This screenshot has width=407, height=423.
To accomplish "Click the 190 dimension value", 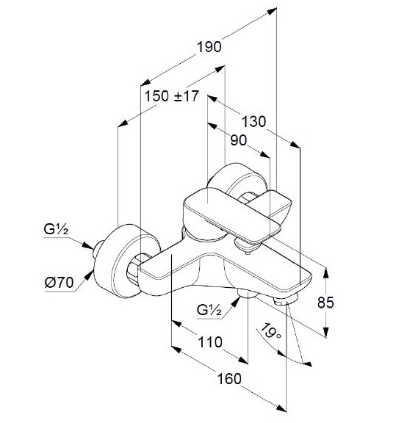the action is pos(209,47).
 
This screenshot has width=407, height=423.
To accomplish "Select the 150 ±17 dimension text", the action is pos(172,95).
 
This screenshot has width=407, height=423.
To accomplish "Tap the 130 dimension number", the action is pos(253,121).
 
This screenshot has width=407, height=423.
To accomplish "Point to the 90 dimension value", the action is pos(239,140).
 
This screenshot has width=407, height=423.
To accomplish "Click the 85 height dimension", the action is pos(325,302).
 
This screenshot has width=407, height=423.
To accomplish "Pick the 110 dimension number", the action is pos(210,342).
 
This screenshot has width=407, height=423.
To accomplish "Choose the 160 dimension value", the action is pos(229,378).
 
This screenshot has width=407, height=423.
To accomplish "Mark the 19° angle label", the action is pos(270,331).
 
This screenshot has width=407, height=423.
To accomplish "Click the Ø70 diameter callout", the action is pos(59,283).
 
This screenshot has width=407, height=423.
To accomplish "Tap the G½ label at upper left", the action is pos(56,230).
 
